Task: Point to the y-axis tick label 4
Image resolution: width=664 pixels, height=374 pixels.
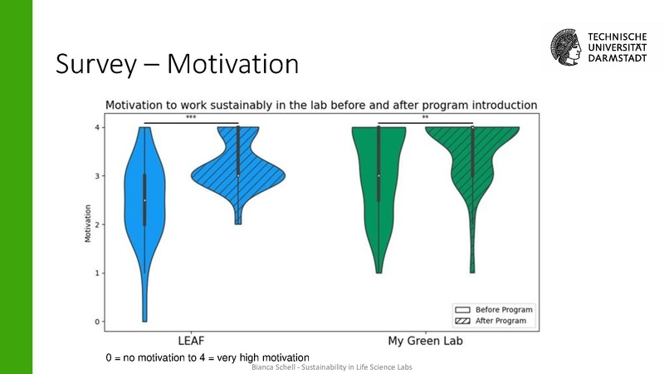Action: [98, 127]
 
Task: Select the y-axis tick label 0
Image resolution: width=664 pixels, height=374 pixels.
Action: [98, 322]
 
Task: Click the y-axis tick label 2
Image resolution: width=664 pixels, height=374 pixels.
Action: [98, 224]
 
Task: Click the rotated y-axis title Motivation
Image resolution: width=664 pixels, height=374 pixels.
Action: [88, 224]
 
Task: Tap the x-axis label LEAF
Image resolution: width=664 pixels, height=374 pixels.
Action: [192, 342]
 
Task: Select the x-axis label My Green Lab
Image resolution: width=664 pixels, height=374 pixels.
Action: [425, 342]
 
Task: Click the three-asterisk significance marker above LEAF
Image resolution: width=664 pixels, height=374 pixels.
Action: [191, 118]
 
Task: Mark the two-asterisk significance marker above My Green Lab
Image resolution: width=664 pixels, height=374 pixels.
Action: [425, 118]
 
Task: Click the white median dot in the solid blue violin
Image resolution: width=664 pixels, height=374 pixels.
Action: [145, 200]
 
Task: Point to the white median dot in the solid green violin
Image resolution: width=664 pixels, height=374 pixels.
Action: [378, 175]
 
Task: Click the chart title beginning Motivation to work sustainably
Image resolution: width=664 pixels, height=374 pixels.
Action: [320, 105]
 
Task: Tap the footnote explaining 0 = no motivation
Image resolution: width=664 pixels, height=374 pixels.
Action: [207, 357]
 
